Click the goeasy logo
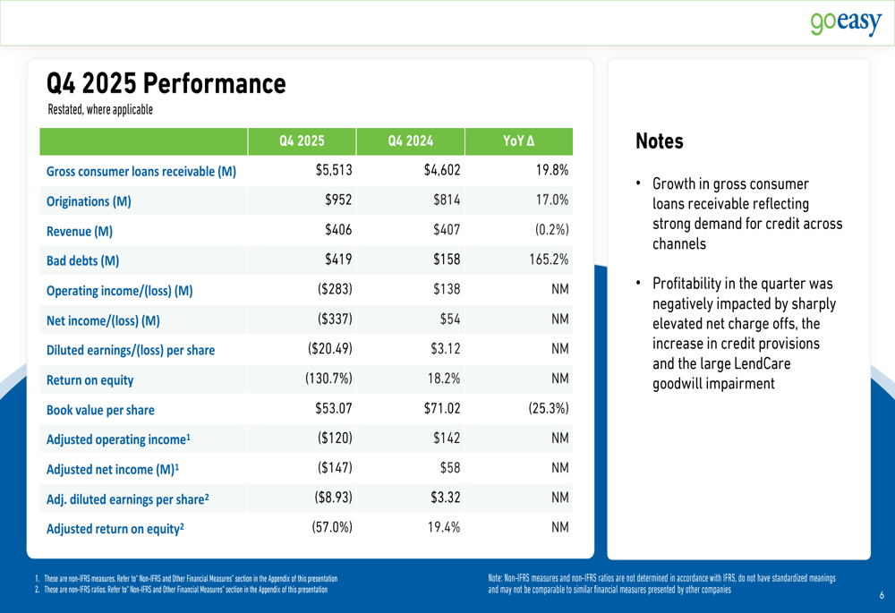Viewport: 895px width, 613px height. point(846,22)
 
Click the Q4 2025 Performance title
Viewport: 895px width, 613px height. point(166,84)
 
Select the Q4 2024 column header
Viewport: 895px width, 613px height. point(410,141)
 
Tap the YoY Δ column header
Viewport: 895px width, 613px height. point(519,141)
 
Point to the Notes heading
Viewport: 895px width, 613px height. point(659,141)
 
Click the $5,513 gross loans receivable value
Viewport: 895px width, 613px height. point(334,170)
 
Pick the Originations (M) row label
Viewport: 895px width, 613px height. point(89,201)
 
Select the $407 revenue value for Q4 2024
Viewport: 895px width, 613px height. point(446,230)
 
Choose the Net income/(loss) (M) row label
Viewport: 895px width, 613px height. point(102,320)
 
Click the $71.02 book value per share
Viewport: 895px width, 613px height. point(441,409)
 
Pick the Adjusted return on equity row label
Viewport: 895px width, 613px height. point(115,528)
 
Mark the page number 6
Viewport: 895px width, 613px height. point(881,595)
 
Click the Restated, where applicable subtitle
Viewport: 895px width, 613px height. point(100,110)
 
